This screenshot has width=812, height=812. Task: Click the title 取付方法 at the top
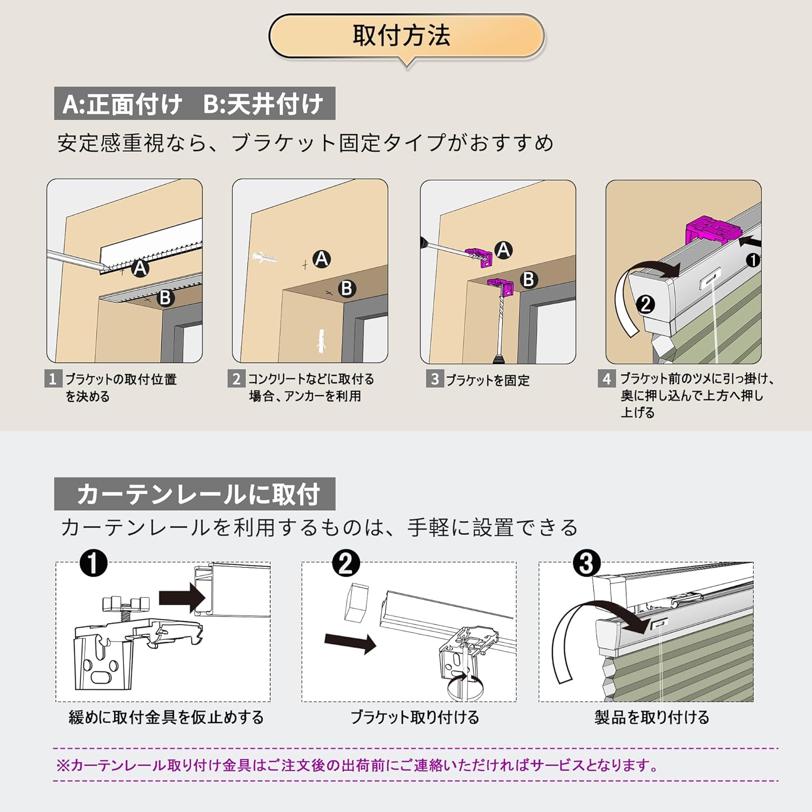coord(402,36)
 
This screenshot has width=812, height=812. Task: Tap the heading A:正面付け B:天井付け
coord(194,103)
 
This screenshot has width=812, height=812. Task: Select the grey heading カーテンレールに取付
coord(195,494)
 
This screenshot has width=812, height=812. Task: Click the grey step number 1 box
coord(53,378)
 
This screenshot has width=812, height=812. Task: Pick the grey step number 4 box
coord(606,378)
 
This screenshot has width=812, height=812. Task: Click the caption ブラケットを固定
coord(488,380)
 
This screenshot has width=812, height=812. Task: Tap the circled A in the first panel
coord(140,267)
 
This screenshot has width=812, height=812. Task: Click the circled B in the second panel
coord(346,288)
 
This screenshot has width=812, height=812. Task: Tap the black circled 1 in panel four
coord(753,260)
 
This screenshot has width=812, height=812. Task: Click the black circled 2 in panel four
coord(645,304)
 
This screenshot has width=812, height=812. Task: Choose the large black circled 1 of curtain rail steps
coord(93,563)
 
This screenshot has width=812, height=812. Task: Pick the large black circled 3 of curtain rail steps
coord(586,563)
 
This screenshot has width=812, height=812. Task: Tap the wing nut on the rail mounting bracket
coord(126,603)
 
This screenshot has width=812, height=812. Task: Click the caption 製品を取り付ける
coord(652,717)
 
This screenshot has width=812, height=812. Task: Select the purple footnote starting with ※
coord(357,765)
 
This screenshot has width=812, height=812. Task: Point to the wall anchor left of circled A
coord(265,258)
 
